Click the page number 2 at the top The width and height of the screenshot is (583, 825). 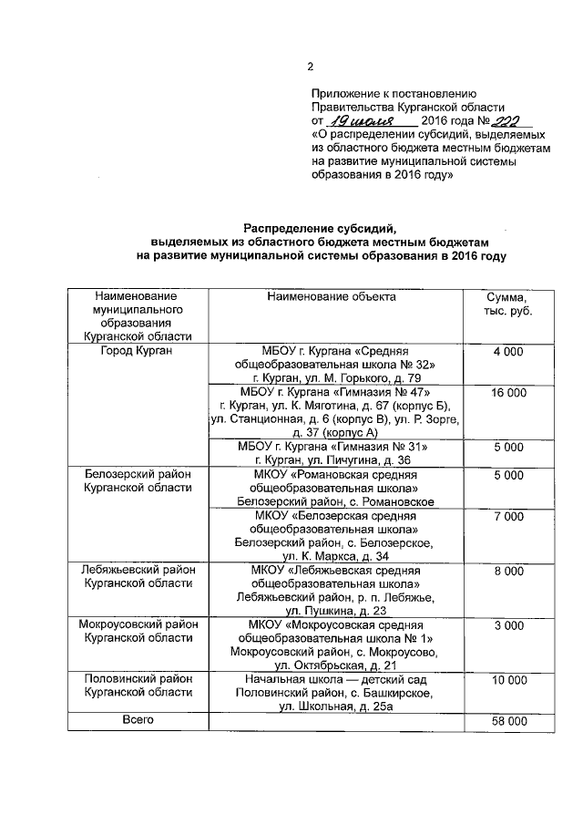tap(310, 67)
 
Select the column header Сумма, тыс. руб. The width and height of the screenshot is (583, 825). tap(507, 304)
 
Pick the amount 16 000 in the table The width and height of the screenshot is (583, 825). tap(507, 392)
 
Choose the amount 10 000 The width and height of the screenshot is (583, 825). tap(507, 680)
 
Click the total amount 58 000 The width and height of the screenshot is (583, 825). tap(507, 721)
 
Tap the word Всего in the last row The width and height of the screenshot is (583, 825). tap(138, 719)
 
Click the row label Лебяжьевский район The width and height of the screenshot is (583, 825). tap(138, 571)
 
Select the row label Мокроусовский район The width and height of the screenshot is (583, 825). tap(138, 625)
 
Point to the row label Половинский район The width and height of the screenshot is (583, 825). tap(138, 680)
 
